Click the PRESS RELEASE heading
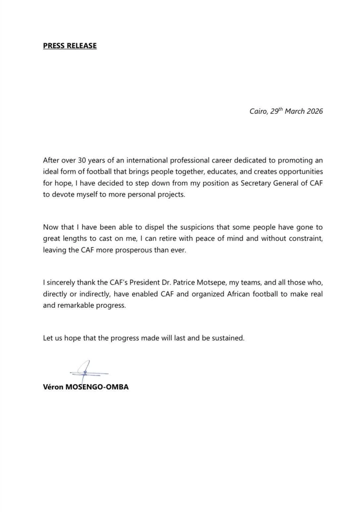click(69, 45)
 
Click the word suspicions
click(184, 228)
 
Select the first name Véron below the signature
click(54, 386)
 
